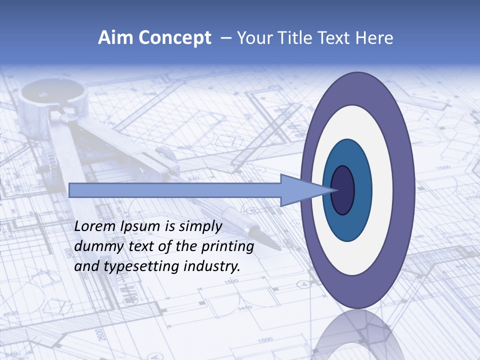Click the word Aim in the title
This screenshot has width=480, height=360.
point(116,38)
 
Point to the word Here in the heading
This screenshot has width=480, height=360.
point(374,38)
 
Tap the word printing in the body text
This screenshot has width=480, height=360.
point(227,247)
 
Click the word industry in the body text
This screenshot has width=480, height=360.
point(212,266)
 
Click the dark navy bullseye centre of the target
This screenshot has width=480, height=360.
point(342,190)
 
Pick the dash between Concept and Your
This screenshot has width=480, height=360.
point(225,38)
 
